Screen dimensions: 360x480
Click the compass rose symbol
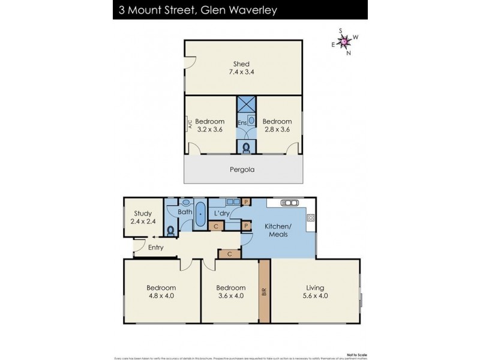click(x=344, y=41)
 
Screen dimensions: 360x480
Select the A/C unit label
click(x=190, y=125)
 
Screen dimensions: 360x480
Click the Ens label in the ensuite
click(x=242, y=124)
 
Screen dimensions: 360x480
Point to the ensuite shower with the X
click(x=246, y=104)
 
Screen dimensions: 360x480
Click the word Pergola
click(x=242, y=169)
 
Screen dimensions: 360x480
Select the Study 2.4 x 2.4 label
click(x=143, y=217)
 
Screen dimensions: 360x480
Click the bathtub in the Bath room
click(x=200, y=217)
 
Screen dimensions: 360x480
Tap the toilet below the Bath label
click(x=172, y=229)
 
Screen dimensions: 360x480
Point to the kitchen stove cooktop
click(x=311, y=221)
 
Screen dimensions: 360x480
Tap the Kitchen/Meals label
click(x=276, y=230)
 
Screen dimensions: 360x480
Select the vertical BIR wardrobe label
click(x=265, y=292)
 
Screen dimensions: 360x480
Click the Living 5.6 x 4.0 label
click(x=315, y=292)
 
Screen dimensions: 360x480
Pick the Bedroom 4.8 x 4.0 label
click(x=162, y=292)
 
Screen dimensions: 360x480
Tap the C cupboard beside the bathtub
click(x=217, y=226)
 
